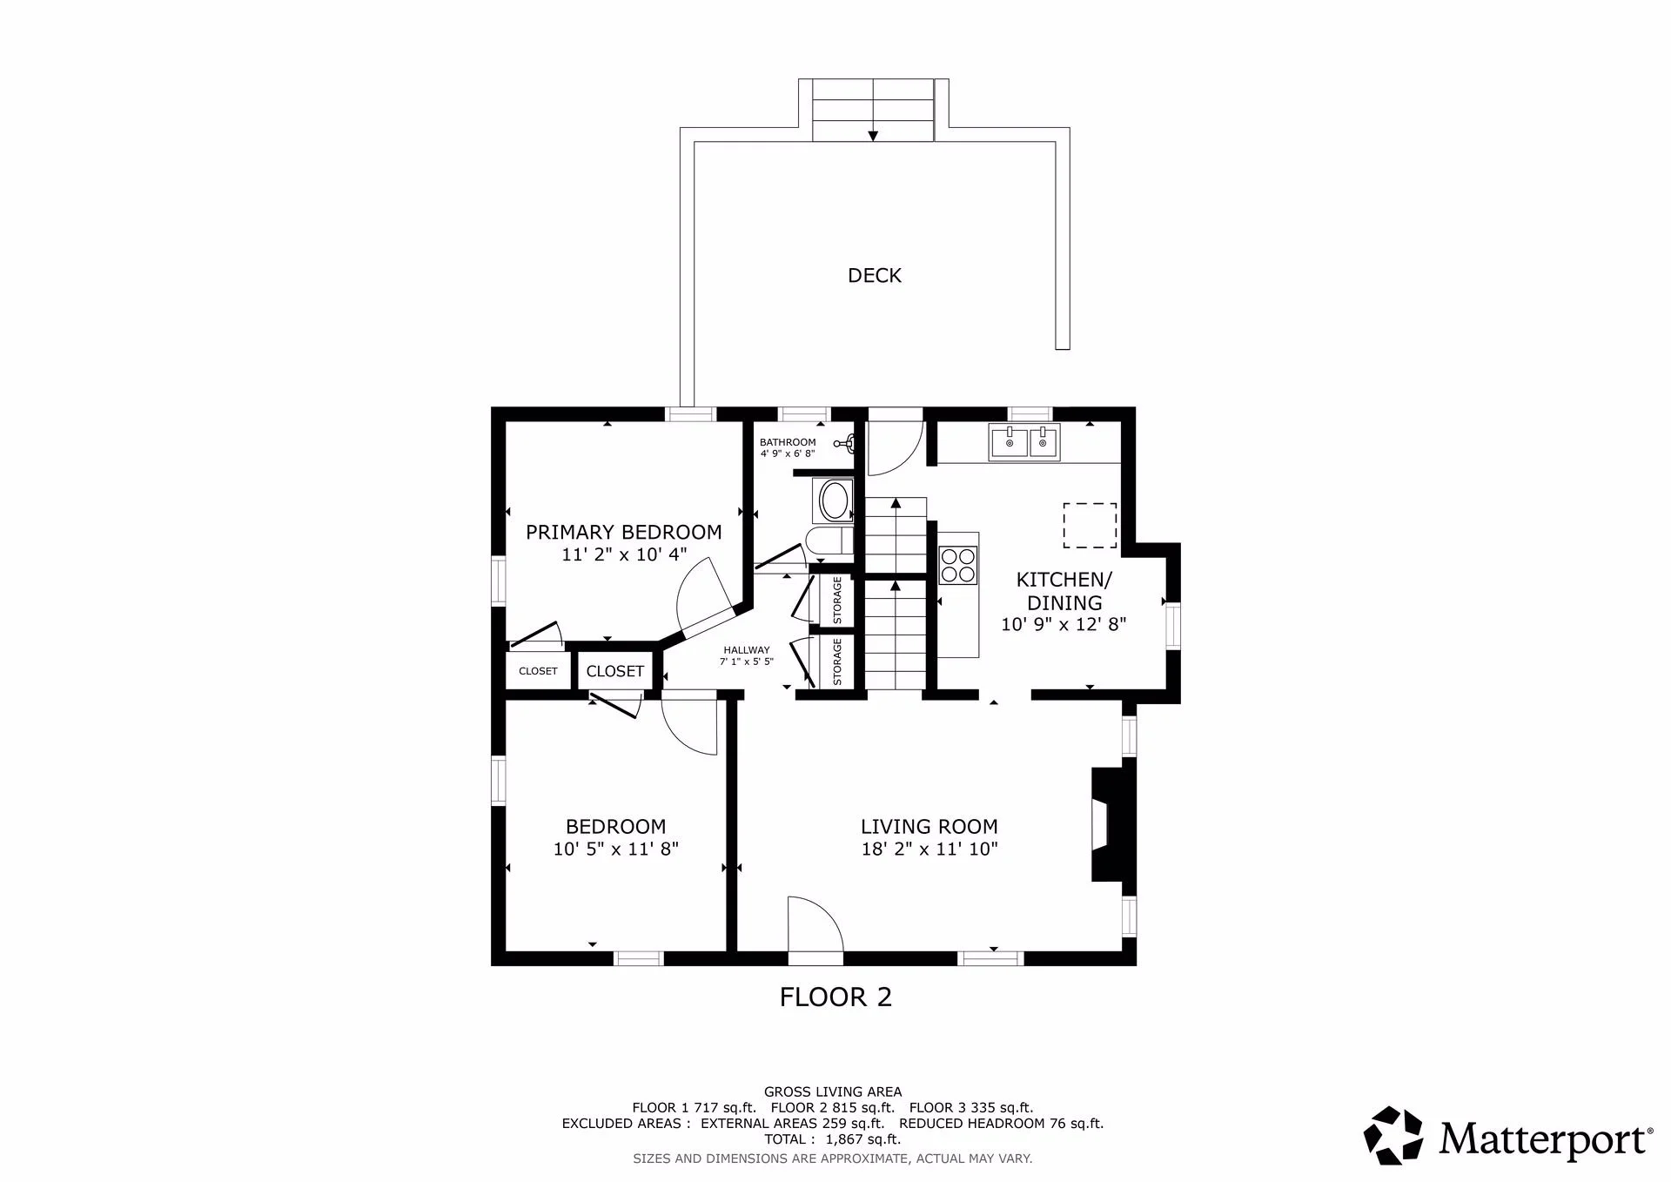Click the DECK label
tap(875, 275)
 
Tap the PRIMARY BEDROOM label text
tap(623, 532)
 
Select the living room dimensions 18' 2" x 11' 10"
tap(929, 849)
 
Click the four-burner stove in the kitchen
tap(958, 563)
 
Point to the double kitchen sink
tap(1023, 442)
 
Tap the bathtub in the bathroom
tap(834, 500)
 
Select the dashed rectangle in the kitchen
tap(1090, 526)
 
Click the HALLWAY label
tap(747, 650)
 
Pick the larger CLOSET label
tap(614, 671)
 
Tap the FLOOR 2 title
tap(835, 997)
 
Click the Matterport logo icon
tap(1392, 1135)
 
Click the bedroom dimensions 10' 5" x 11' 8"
tap(616, 849)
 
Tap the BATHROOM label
tap(788, 442)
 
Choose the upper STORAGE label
tap(837, 600)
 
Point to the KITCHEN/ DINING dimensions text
tap(1064, 624)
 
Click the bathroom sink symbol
tap(846, 444)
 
